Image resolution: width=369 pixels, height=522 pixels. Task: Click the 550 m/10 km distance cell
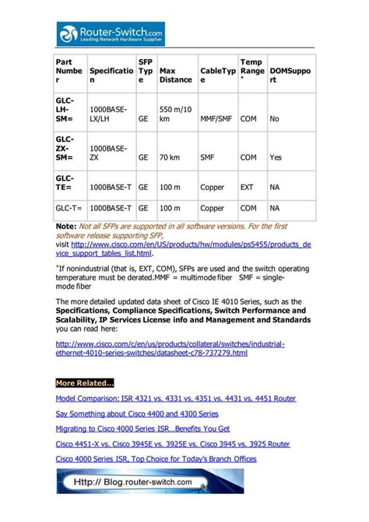175,115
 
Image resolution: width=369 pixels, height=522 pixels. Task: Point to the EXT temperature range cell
248,188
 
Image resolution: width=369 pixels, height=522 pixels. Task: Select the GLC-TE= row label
67,183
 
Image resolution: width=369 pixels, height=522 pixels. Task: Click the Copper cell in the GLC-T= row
212,208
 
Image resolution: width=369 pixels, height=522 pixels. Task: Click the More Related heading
84,383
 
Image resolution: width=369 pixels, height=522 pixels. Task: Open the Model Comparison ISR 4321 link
175,398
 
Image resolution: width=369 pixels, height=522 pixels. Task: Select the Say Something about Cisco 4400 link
137,414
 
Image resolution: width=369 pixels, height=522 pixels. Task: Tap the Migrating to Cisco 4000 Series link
142,429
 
